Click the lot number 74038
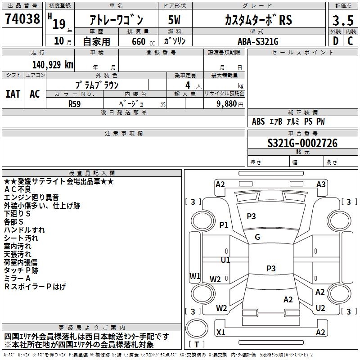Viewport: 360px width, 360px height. pos(22,20)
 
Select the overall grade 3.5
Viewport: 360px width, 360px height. pos(342,21)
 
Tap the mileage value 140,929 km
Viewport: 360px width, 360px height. pos(53,64)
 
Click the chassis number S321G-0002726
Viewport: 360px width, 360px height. pos(302,144)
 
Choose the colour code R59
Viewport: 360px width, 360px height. pos(75,103)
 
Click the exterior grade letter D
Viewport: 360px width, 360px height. pos(335,41)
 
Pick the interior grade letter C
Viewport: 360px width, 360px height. pos(350,41)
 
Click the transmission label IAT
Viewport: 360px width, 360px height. pos(13,94)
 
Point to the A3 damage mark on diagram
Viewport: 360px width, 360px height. pos(321,184)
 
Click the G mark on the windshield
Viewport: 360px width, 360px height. pos(257,237)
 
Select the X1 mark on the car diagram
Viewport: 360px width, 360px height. pos(221,332)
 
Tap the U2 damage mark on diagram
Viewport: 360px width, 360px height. pos(320,308)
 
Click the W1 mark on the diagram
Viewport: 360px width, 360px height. pos(194,276)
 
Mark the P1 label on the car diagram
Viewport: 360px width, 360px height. pos(224,225)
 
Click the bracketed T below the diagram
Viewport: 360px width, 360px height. pos(197,345)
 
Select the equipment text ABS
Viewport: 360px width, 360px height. pos(258,121)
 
